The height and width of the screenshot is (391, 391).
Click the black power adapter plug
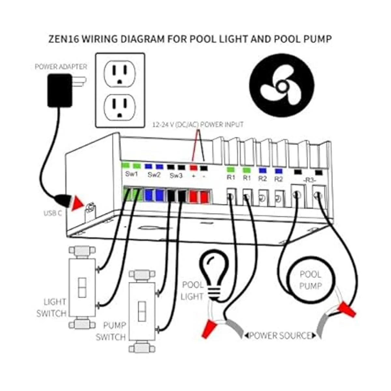[60, 90]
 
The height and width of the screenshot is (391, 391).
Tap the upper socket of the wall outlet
[120, 75]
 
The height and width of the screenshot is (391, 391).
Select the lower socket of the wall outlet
[120, 107]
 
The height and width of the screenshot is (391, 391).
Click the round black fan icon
[282, 85]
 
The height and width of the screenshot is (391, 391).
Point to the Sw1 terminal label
[132, 174]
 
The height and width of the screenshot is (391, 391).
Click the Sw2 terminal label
[154, 175]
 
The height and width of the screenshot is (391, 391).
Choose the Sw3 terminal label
[176, 176]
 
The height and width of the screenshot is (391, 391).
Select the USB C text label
[53, 213]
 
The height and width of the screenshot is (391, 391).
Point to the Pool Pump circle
[311, 280]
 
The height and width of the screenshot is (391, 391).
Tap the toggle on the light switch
[82, 287]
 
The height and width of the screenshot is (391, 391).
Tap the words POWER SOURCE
[280, 335]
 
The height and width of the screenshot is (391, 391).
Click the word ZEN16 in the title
[63, 39]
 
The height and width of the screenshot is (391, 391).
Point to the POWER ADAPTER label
[61, 67]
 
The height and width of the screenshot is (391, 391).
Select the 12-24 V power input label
[198, 124]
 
